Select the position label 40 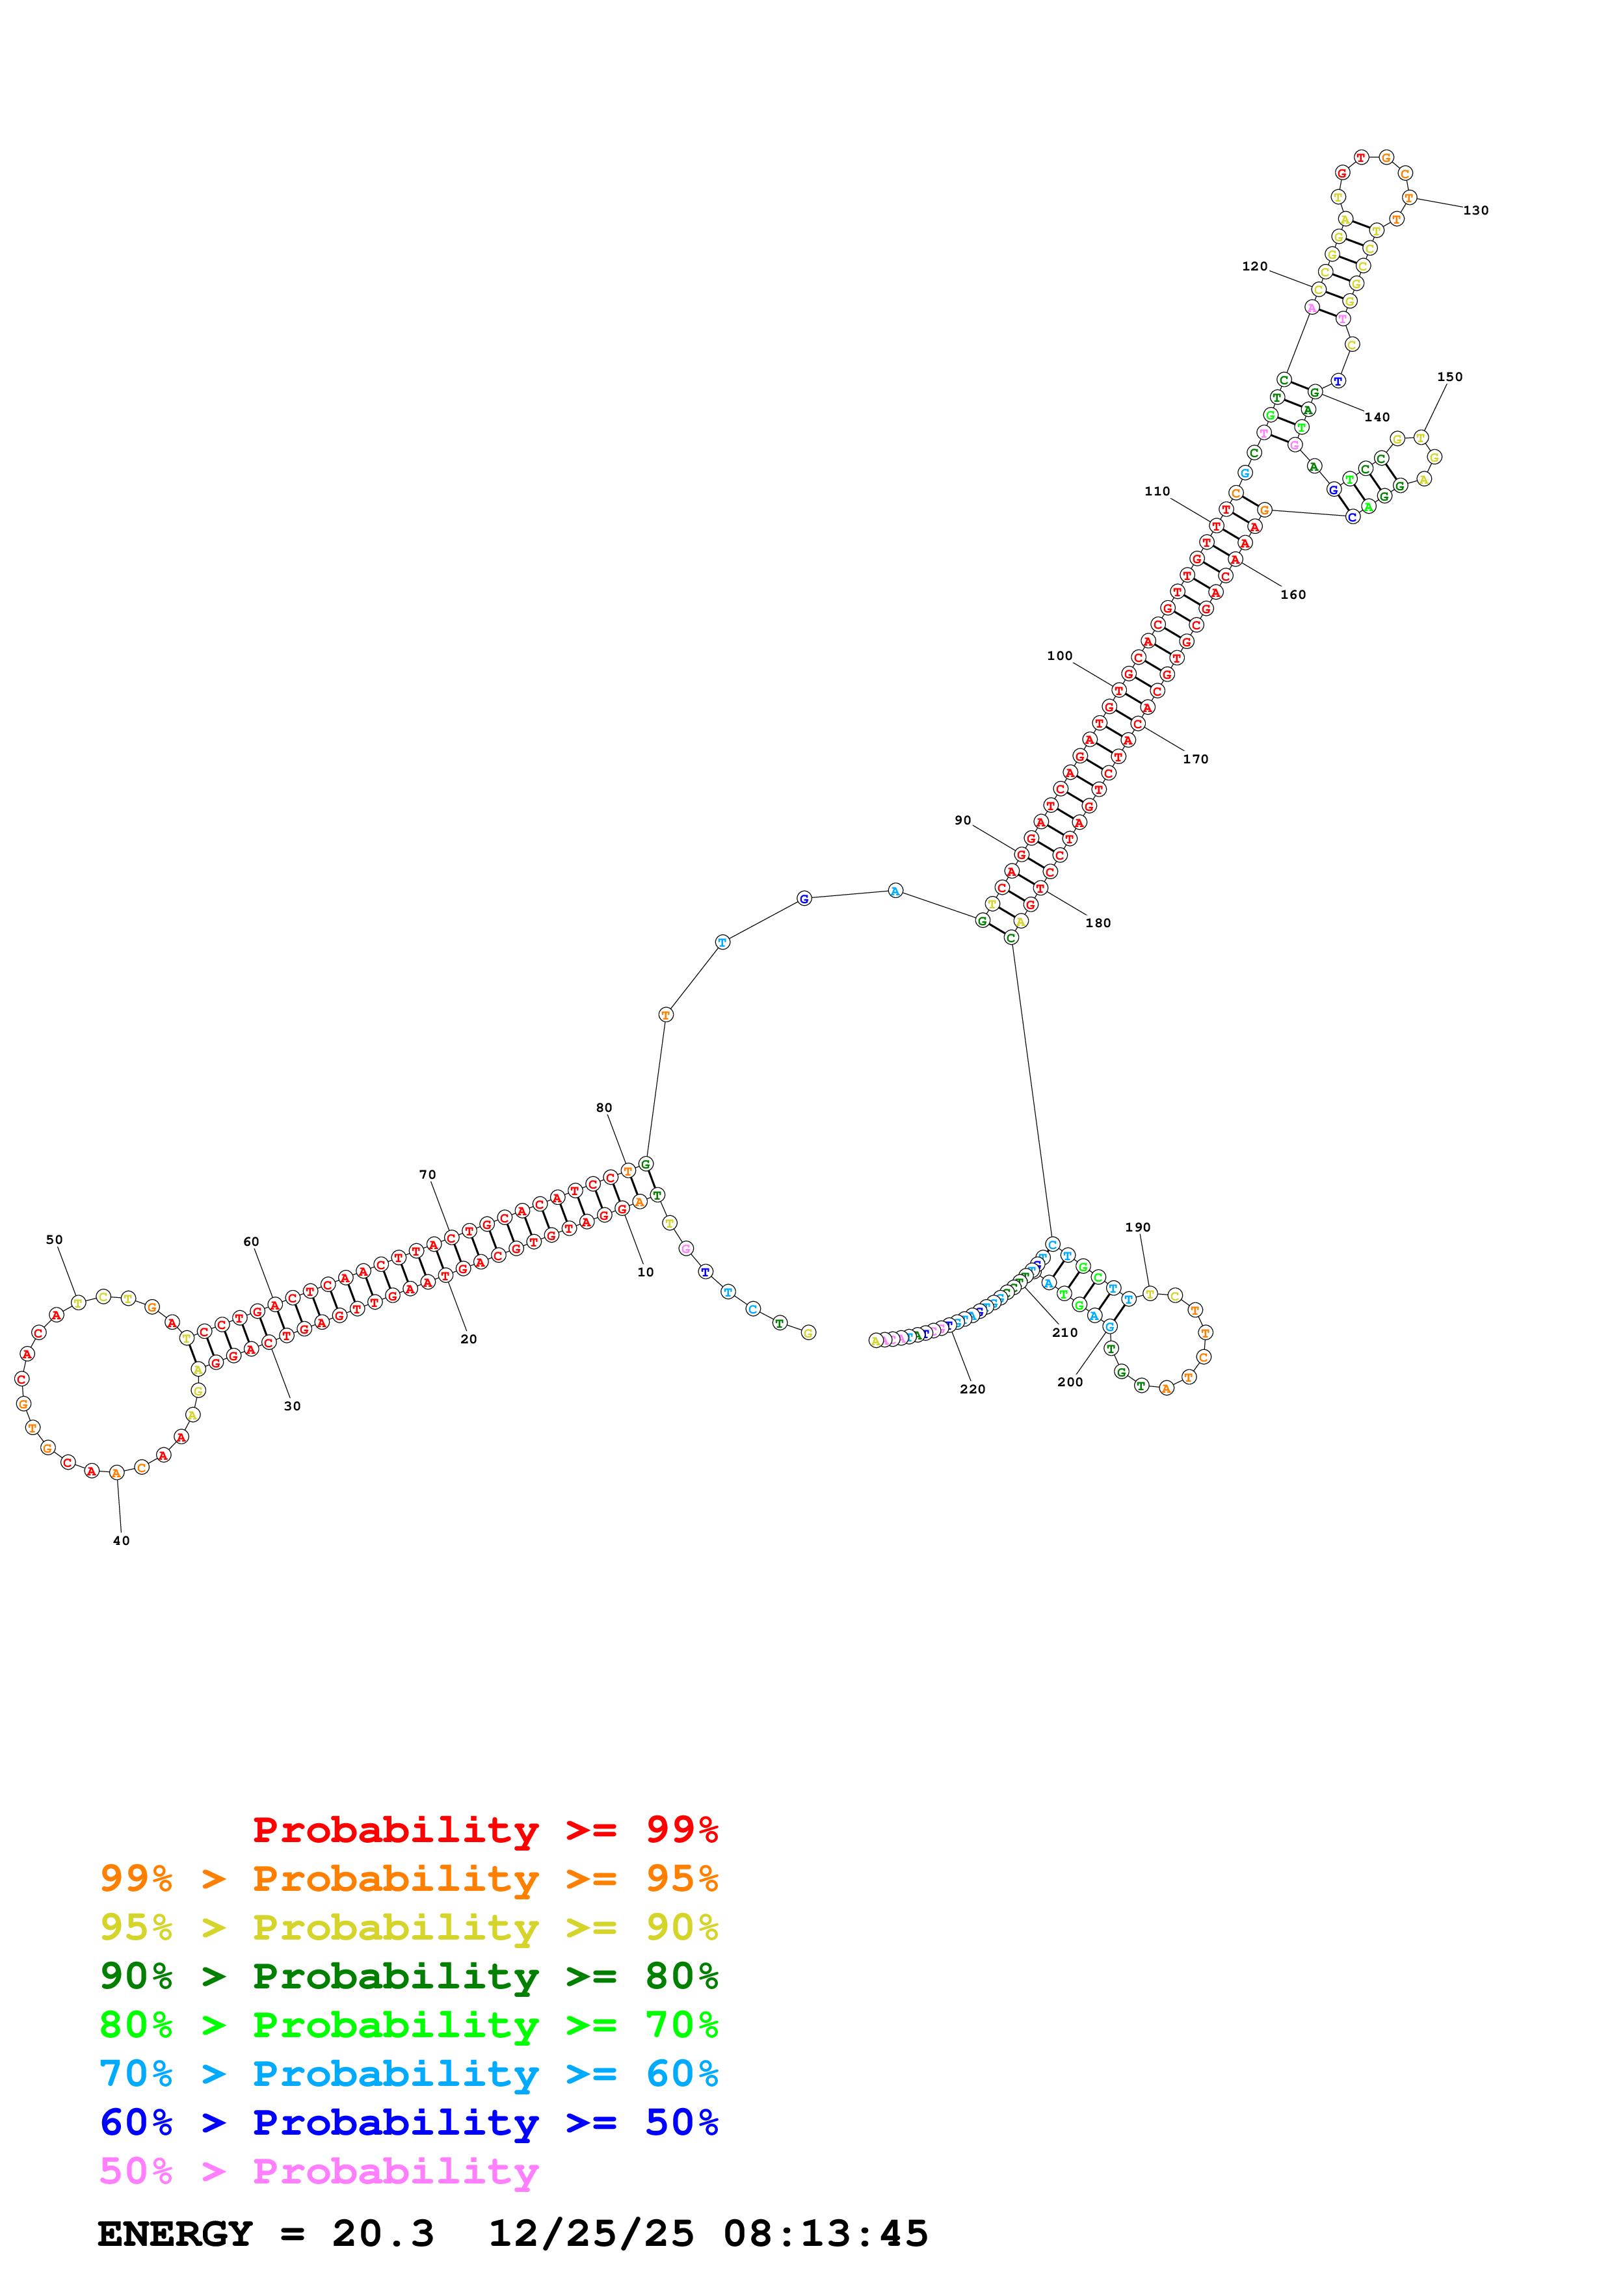click(121, 1541)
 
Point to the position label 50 click(55, 1240)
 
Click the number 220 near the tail click(972, 1389)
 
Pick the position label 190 click(1137, 1228)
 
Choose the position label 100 click(1060, 655)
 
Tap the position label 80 click(604, 1108)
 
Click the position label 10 click(646, 1272)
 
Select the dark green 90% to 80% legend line click(408, 1976)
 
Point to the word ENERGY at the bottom click(175, 2234)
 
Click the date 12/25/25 click(591, 2234)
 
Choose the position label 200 click(1070, 1382)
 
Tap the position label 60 click(251, 1242)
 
